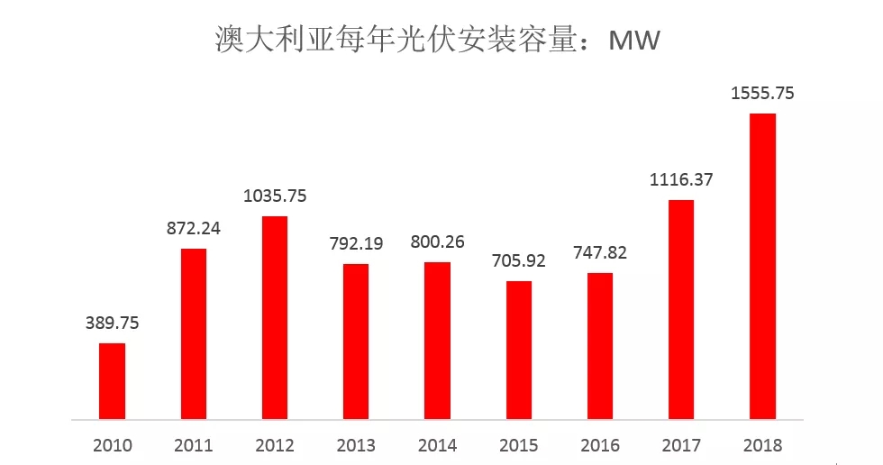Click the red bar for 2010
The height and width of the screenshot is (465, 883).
[x=112, y=381]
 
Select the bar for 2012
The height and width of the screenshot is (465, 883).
[x=275, y=318]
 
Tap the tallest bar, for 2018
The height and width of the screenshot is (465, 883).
[x=762, y=267]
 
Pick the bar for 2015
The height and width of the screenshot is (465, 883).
[x=518, y=351]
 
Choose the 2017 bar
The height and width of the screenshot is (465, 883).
[x=681, y=310]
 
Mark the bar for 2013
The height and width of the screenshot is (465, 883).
[x=356, y=342]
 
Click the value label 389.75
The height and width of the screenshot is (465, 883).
[x=112, y=324]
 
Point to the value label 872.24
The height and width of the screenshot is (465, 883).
[x=194, y=229]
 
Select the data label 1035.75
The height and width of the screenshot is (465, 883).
[x=275, y=196]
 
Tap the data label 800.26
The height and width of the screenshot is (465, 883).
[x=437, y=242]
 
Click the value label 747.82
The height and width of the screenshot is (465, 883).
[x=600, y=253]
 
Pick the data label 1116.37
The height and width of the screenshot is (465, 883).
[x=681, y=179]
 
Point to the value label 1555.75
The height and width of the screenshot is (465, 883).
[x=762, y=94]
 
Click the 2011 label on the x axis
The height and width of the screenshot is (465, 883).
[x=194, y=445]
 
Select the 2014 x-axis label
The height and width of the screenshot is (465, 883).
[x=437, y=445]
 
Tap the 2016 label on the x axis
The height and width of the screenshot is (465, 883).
[x=600, y=445]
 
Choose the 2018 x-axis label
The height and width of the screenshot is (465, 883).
[x=762, y=445]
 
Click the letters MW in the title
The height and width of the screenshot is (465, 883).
[x=634, y=41]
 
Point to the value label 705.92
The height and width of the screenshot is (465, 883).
[x=518, y=262]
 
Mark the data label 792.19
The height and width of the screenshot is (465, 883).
[x=356, y=244]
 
